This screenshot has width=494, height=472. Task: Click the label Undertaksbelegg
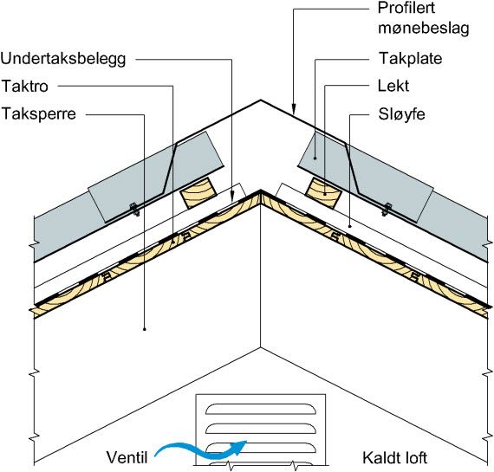tap(63, 59)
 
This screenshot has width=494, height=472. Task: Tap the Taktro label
tap(25, 87)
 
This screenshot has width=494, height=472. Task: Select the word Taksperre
tap(39, 114)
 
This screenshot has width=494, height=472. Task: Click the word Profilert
tap(406, 8)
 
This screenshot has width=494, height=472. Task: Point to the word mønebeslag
tap(424, 29)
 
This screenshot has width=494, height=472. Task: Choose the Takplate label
tap(410, 59)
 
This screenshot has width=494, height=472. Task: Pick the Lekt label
tap(393, 86)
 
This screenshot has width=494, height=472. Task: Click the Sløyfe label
tap(401, 114)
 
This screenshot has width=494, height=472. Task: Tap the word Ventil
tap(127, 457)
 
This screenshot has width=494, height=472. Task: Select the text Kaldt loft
tap(394, 457)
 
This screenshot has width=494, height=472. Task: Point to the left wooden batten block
tap(198, 193)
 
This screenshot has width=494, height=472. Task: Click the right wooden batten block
tap(323, 193)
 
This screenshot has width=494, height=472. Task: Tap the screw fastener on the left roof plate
tap(135, 210)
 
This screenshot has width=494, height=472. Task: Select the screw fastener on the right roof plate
tap(387, 210)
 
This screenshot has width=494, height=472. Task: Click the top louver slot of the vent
tap(261, 409)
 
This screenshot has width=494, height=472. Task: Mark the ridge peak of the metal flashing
tap(261, 100)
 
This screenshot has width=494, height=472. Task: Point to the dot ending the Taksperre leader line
tap(145, 329)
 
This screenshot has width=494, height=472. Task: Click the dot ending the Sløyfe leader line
tap(350, 226)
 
